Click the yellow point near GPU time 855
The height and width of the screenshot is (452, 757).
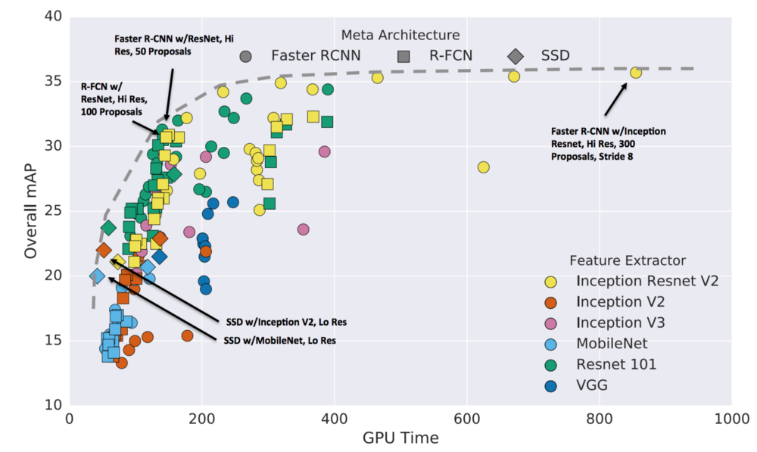pyautogui.click(x=636, y=72)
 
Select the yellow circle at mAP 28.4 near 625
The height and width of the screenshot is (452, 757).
pyautogui.click(x=484, y=167)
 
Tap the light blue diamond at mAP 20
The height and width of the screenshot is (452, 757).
pyautogui.click(x=97, y=276)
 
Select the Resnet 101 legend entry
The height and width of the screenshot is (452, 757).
pyautogui.click(x=616, y=364)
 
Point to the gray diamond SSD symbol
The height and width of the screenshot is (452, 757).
pyautogui.click(x=516, y=55)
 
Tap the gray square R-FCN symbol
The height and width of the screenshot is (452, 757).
pyautogui.click(x=404, y=55)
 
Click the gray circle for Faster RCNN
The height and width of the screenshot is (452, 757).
pyautogui.click(x=245, y=55)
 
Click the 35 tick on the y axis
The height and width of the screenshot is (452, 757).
pyautogui.click(x=53, y=82)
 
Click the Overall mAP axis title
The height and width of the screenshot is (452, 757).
pyautogui.click(x=30, y=211)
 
